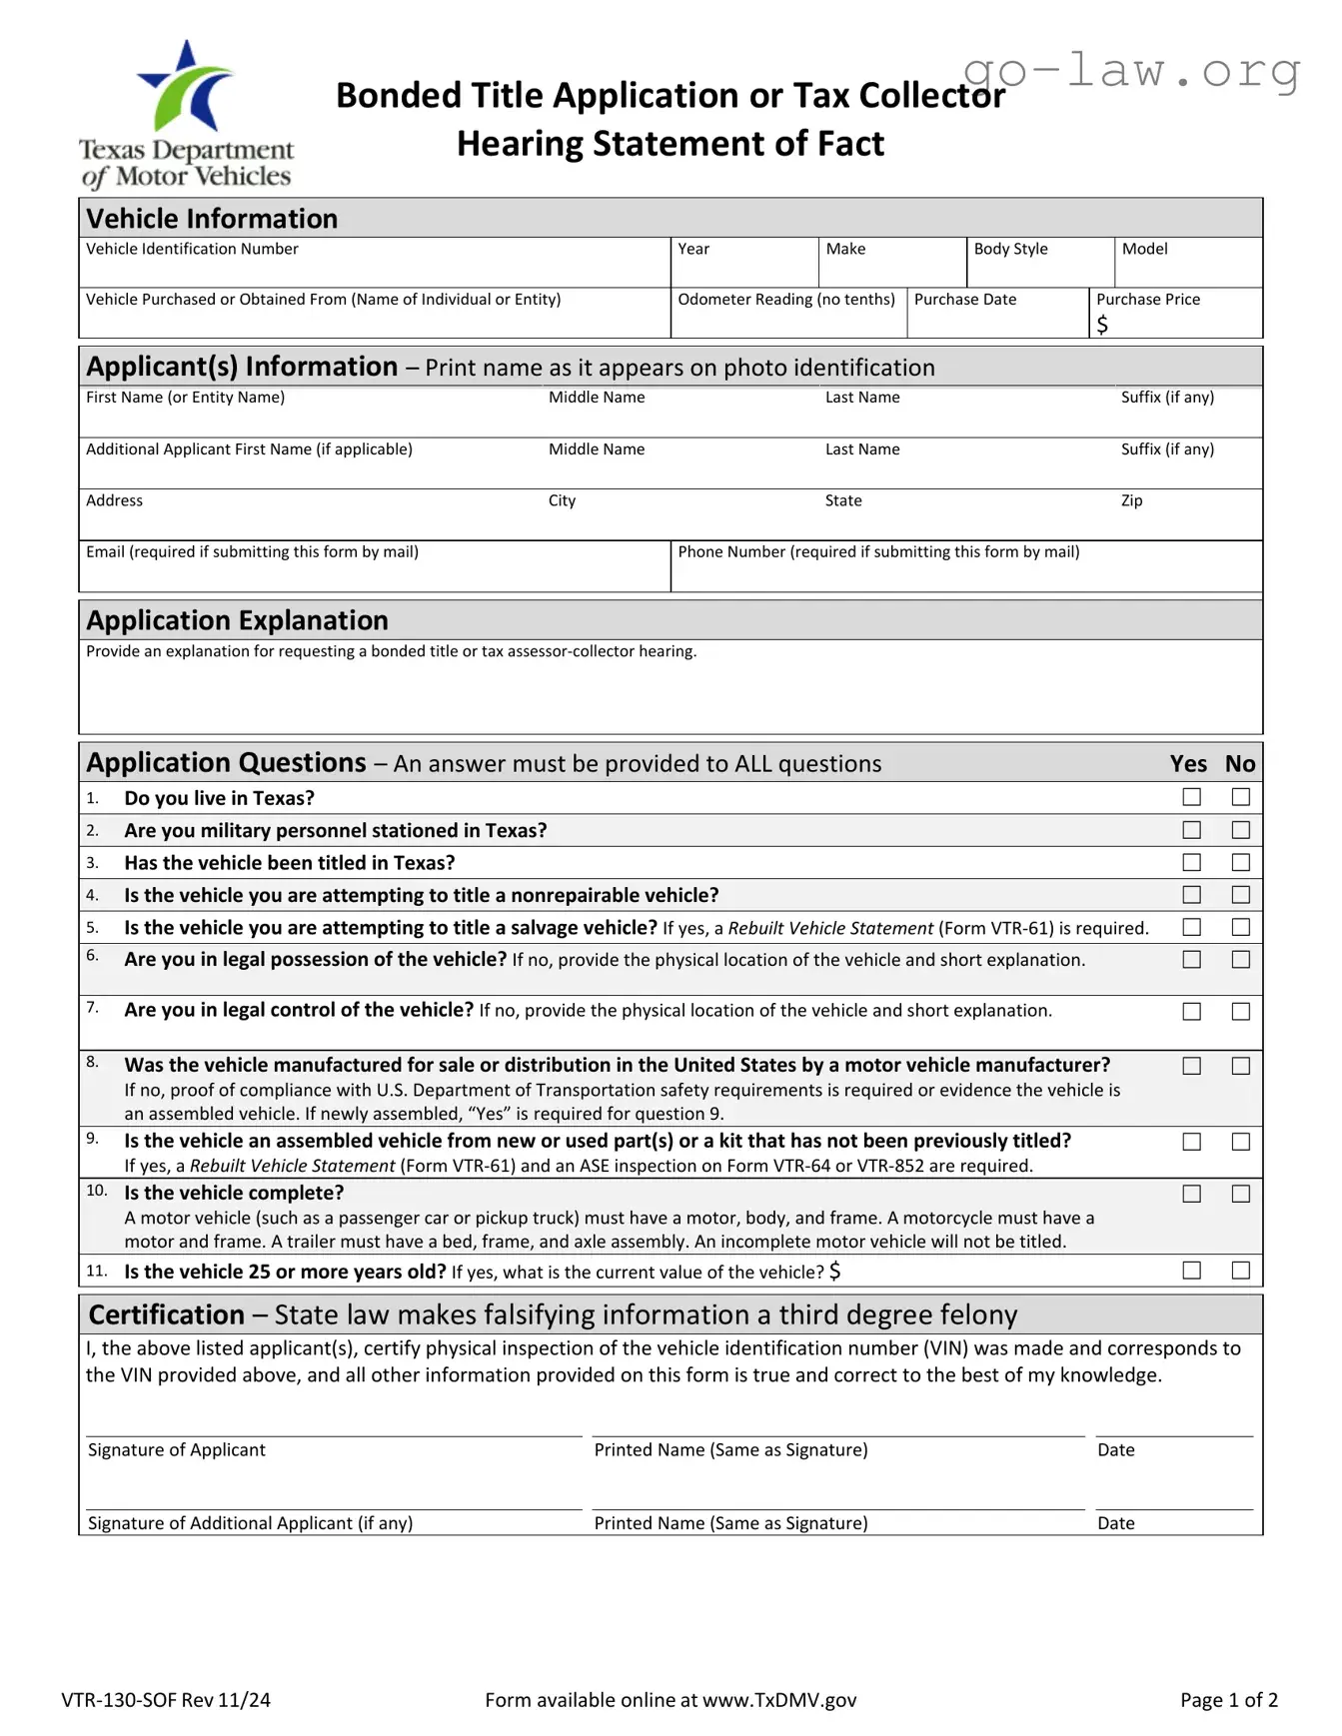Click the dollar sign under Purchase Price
point(1102,325)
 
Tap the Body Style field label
point(1010,249)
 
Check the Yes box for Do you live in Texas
point(1191,797)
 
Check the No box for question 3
point(1240,862)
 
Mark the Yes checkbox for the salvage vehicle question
point(1191,927)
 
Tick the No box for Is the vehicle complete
point(1240,1194)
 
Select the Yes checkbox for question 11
point(1191,1271)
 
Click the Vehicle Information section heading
point(212,219)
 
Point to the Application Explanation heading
point(237,620)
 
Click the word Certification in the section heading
point(166,1314)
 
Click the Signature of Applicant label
point(177,1450)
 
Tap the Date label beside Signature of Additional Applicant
point(1115,1523)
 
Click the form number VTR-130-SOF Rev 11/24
point(166,1700)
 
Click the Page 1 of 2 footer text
point(1228,1700)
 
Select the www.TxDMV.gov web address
point(779,1700)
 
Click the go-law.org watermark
point(1131,72)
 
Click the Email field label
point(252,552)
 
